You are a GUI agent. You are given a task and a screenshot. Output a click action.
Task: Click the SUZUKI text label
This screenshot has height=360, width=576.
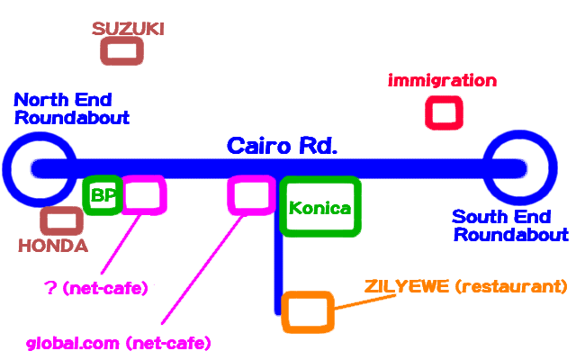coord(128,29)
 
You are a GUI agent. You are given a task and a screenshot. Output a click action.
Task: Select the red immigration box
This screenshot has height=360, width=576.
coord(443,113)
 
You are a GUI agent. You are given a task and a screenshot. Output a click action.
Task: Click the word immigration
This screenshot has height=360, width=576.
coord(442,81)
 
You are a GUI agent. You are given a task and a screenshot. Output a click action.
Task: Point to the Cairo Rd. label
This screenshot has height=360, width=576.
coord(282,146)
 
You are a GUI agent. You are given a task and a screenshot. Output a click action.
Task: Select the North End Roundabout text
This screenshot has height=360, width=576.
coord(72,109)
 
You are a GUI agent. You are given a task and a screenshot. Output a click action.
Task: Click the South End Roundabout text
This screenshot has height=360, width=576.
coord(509,226)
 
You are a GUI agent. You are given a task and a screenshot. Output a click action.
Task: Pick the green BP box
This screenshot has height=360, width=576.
coord(102,195)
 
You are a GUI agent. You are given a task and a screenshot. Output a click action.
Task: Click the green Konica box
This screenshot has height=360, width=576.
coord(319,207)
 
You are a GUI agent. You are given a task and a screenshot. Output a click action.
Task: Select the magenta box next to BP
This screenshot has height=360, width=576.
coord(143,195)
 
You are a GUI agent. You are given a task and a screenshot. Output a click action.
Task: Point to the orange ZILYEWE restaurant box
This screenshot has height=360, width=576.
coord(307,310)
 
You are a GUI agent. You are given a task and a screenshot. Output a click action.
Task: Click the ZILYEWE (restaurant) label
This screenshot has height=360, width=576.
coord(465,287)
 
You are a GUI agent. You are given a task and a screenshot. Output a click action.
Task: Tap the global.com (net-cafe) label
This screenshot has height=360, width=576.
coord(118,344)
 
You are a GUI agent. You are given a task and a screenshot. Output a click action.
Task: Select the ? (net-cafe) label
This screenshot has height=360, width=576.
coord(96,288)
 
